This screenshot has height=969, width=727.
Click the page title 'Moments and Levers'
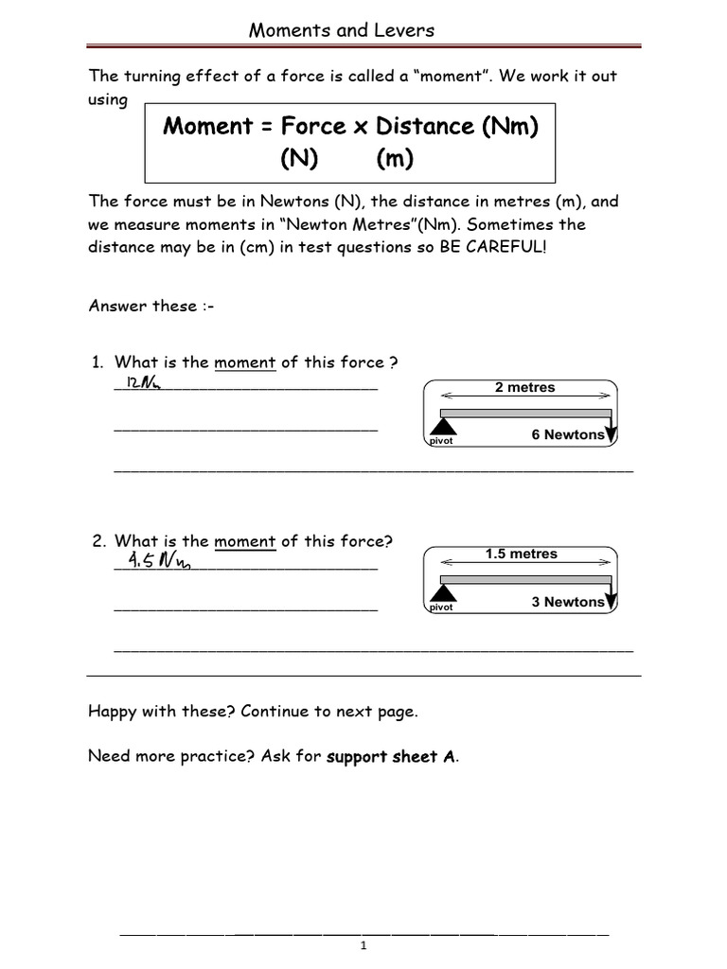341,30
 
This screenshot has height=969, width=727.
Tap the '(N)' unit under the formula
298,159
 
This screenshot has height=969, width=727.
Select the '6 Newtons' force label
566,434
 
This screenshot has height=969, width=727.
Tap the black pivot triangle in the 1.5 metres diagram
443,592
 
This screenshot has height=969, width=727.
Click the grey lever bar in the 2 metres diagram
525,413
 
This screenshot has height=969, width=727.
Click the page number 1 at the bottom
363,947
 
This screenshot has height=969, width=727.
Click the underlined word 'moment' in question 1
244,361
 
